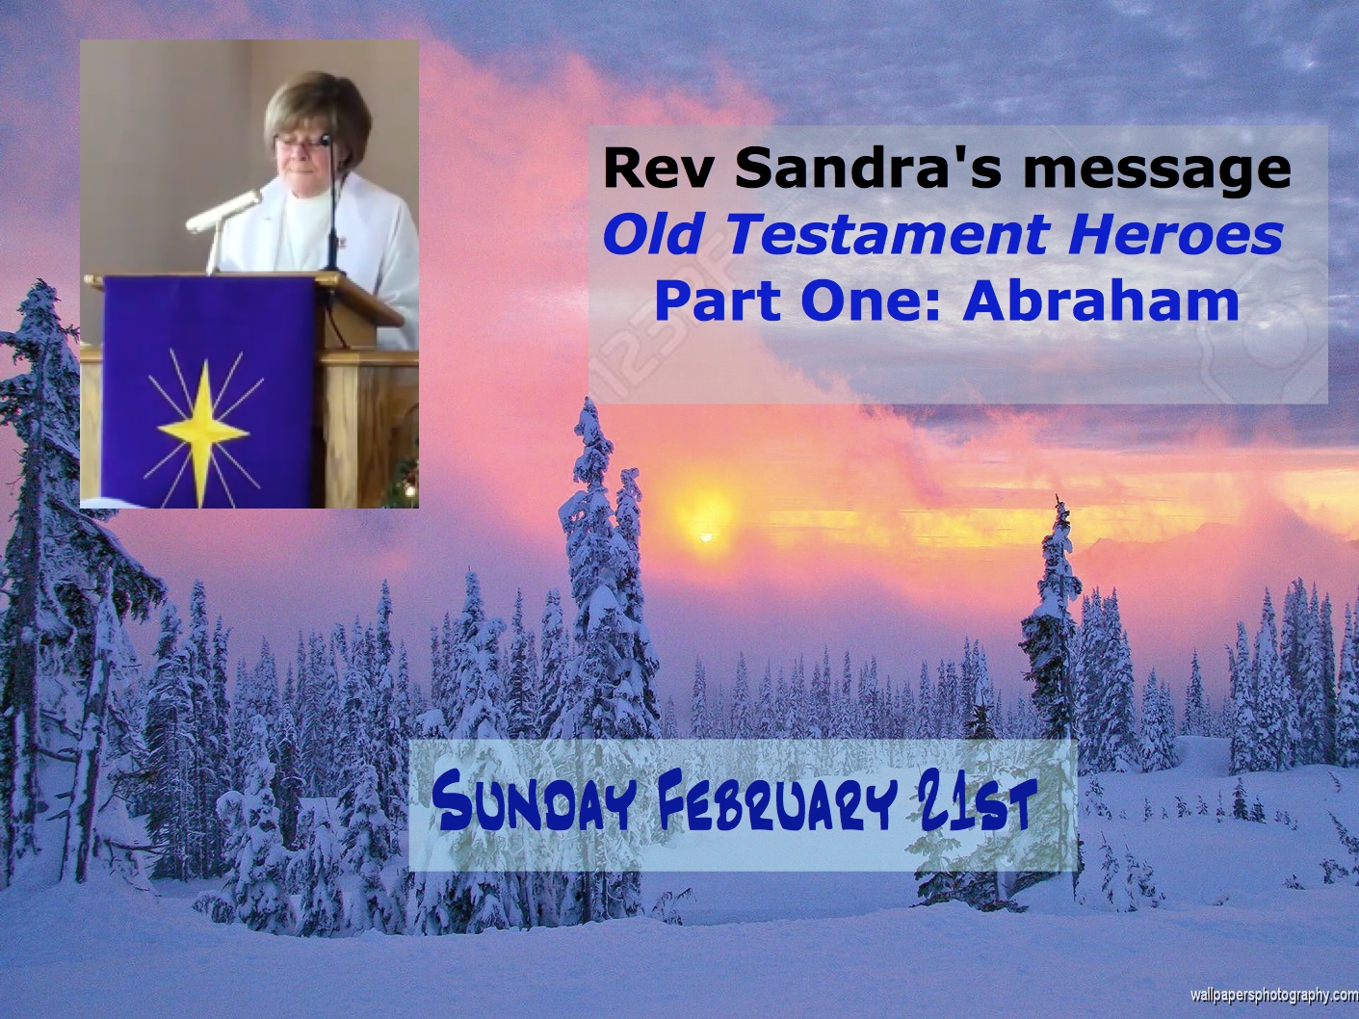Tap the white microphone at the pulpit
tap(224, 211)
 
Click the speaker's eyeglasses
tap(301, 142)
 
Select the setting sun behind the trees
tap(705, 537)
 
